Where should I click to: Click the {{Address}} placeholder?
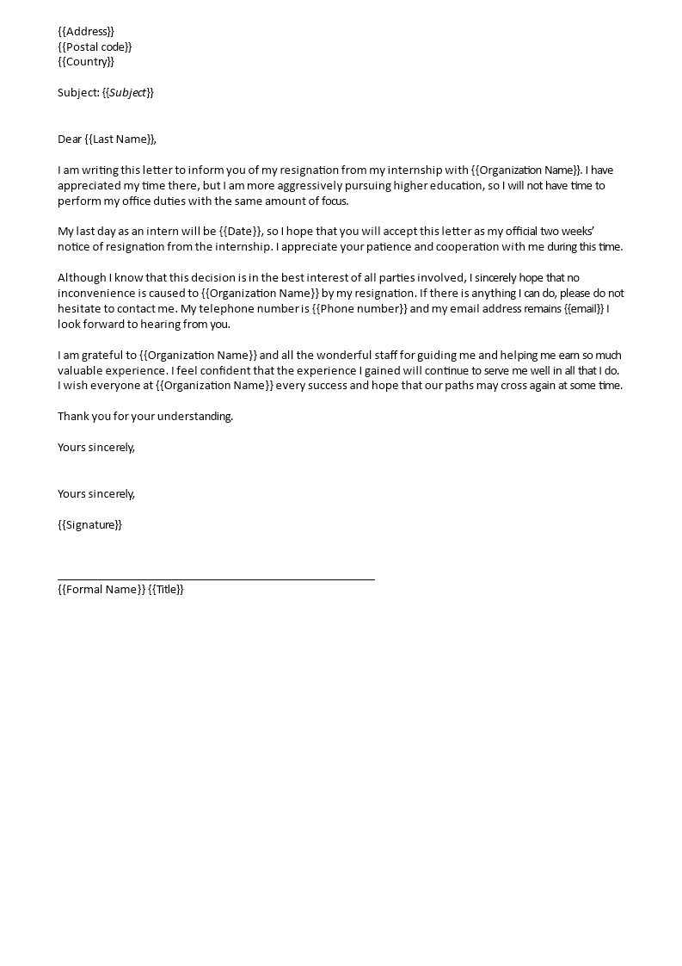point(86,31)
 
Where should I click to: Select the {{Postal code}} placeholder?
point(95,46)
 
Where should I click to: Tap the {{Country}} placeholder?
point(86,62)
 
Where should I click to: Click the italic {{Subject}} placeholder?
point(128,92)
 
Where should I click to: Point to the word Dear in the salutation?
point(70,139)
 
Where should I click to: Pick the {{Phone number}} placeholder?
point(359,309)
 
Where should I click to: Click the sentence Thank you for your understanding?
point(145,417)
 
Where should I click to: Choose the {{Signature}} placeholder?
point(90,525)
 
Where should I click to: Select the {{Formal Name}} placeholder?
point(101,590)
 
